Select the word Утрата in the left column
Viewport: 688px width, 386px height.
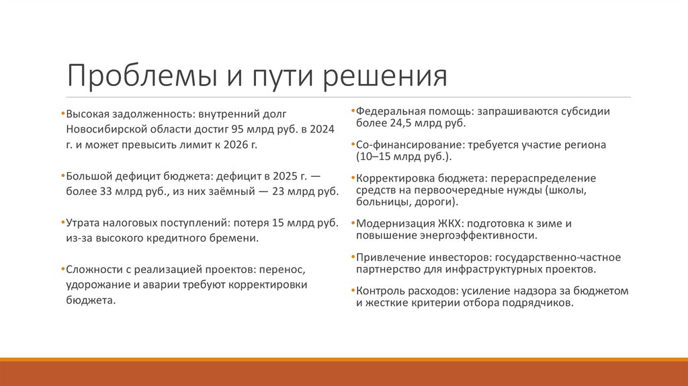tap(82, 223)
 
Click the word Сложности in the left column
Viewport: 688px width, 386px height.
tap(92, 270)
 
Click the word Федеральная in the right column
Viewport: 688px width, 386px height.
tap(387, 112)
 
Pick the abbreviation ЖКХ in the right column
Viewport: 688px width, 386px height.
tap(446, 223)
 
